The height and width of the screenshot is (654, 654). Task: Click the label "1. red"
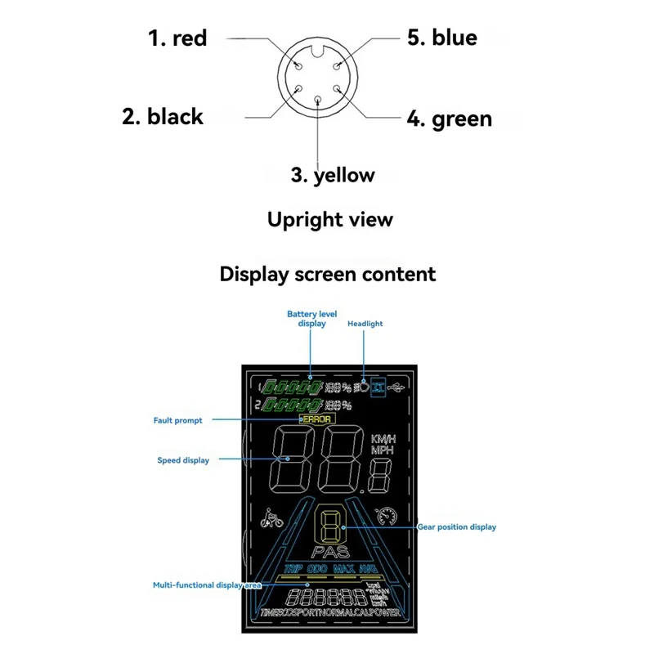tap(177, 38)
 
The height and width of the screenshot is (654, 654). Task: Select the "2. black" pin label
tap(163, 116)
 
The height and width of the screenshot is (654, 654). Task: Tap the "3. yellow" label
tap(333, 174)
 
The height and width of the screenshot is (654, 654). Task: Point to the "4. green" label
tap(450, 119)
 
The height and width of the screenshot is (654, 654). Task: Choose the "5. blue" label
tap(442, 37)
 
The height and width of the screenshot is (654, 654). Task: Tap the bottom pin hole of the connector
tap(319, 99)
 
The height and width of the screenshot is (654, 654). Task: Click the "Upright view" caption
tap(330, 219)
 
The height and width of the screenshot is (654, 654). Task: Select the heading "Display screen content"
tap(328, 273)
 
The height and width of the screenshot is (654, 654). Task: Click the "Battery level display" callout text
tap(311, 318)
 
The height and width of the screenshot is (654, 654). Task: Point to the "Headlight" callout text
tap(365, 324)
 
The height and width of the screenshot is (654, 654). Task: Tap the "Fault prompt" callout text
tap(177, 420)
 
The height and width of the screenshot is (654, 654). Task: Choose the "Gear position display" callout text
tap(457, 527)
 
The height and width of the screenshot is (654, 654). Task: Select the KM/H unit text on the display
tap(383, 439)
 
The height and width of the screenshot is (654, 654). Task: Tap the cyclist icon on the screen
tap(271, 518)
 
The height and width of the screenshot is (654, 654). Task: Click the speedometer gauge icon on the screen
tap(385, 517)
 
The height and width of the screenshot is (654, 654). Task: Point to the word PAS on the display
tap(329, 552)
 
